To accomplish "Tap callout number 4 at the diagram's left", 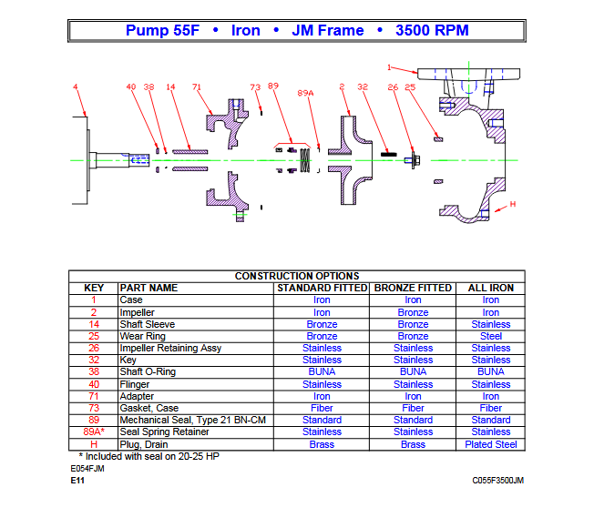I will point(76,86).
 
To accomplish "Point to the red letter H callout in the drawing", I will point(512,204).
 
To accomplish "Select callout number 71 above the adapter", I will point(196,86).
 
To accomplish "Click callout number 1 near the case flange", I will point(390,66).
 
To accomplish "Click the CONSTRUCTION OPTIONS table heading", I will point(297,276).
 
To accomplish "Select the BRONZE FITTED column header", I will point(413,288).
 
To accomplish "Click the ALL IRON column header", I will point(490,288).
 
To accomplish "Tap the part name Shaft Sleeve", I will point(148,324).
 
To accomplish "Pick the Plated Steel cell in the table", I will point(491,444).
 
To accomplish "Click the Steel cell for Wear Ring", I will point(491,336).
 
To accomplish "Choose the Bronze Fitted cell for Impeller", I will point(413,312).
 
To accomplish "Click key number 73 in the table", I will point(93,408).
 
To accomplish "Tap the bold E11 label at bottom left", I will point(77,480).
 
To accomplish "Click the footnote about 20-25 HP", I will point(146,455).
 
